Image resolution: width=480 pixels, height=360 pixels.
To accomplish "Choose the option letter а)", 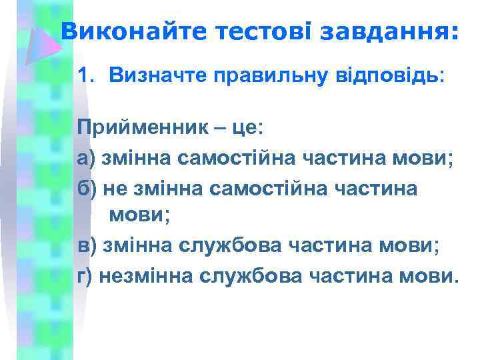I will [87, 159].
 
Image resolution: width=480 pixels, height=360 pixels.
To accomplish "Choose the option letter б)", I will [87, 189].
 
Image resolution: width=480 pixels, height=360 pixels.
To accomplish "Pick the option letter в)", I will [87, 246].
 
